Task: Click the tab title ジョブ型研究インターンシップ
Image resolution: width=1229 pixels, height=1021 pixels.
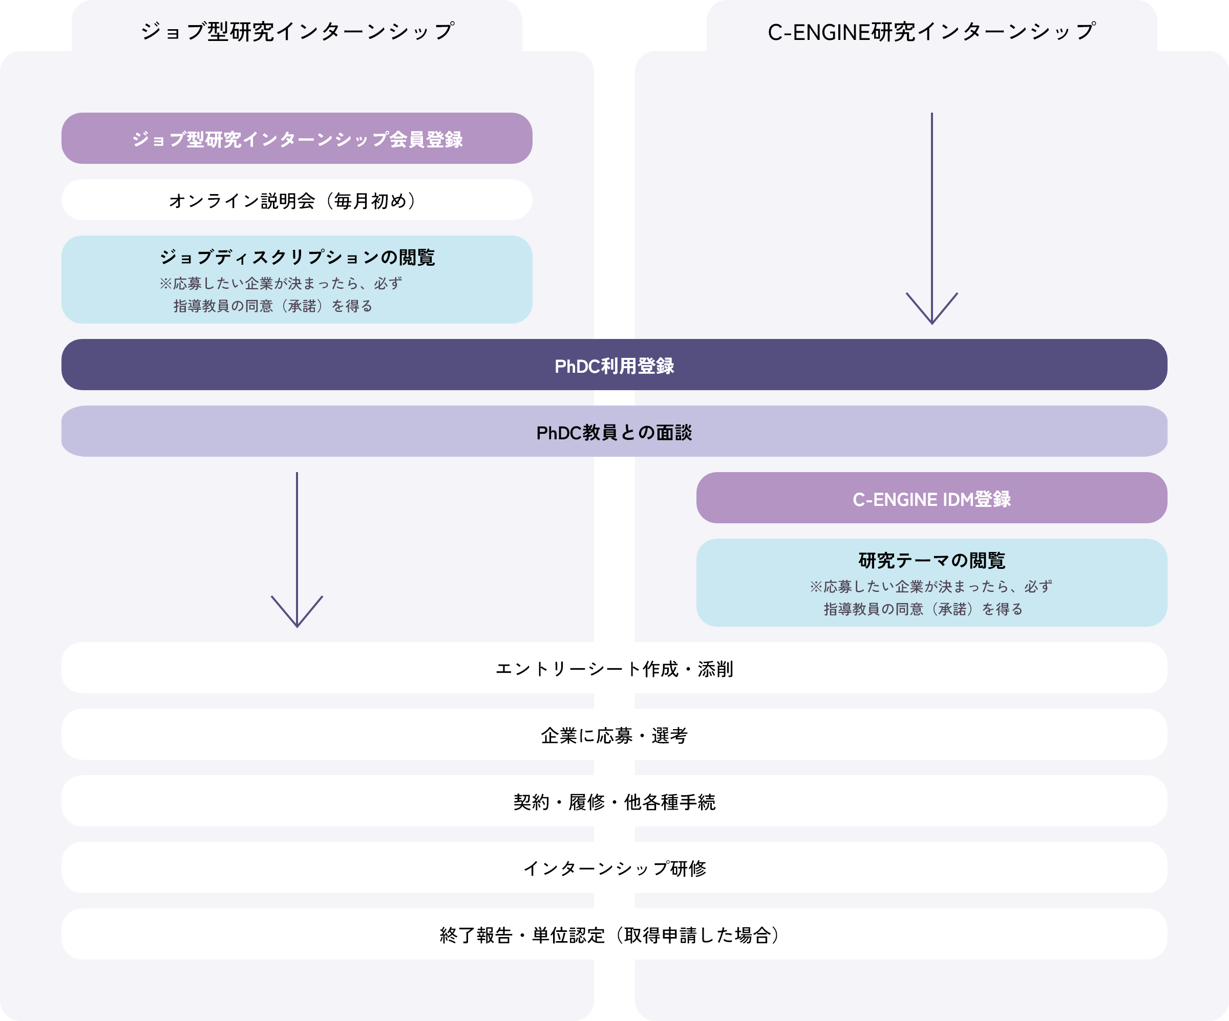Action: pos(296,32)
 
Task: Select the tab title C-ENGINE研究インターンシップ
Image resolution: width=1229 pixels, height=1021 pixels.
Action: pos(931,32)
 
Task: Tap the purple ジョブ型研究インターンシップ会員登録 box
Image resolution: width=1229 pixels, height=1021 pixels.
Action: pos(296,139)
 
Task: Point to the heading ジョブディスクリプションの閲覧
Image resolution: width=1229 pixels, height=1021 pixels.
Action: pos(296,257)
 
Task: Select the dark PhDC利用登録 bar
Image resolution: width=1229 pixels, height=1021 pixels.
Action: pos(614,365)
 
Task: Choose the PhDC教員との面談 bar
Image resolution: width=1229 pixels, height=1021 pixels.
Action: pos(614,432)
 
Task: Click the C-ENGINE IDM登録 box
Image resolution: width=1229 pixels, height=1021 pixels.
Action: pos(931,499)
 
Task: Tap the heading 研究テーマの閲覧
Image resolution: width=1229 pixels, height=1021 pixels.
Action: pos(931,560)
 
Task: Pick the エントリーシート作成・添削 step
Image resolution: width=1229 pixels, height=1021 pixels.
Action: pos(614,668)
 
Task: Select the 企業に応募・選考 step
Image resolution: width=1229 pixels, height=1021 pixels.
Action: pos(614,735)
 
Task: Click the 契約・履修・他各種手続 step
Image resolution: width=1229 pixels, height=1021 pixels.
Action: pos(614,801)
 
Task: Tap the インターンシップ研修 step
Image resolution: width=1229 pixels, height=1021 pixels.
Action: pos(614,868)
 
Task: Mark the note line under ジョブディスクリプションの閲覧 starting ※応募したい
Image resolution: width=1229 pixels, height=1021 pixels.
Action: pos(281,283)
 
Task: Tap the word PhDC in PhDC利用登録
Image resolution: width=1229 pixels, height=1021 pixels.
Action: pos(577,366)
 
